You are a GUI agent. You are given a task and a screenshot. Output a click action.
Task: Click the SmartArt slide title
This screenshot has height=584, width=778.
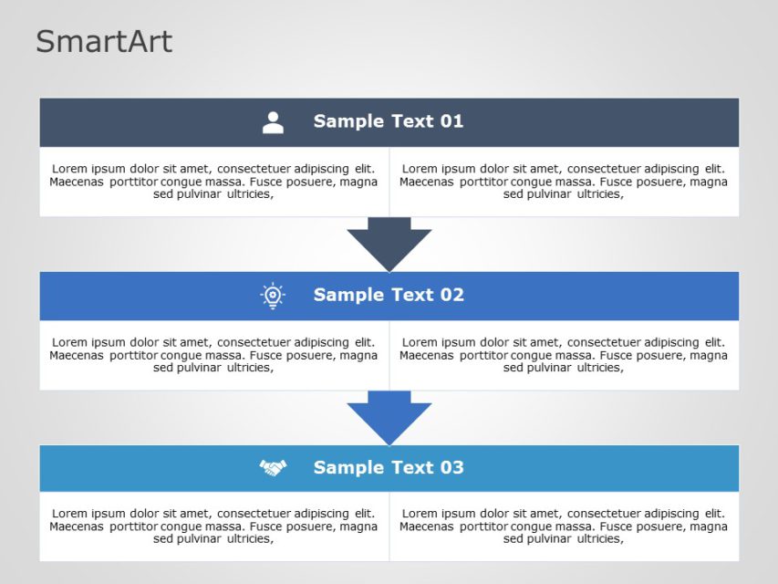[104, 42]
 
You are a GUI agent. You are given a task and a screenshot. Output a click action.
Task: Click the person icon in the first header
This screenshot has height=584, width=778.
[273, 122]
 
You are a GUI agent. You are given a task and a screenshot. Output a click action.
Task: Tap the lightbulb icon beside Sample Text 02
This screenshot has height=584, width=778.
[273, 296]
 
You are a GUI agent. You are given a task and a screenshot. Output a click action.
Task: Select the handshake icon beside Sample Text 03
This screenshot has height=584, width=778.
[273, 468]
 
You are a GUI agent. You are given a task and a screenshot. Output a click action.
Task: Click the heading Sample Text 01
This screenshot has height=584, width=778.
[388, 121]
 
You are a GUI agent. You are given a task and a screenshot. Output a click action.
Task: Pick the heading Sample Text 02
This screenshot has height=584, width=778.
[388, 295]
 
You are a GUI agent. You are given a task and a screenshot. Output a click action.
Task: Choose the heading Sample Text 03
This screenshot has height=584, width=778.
[388, 467]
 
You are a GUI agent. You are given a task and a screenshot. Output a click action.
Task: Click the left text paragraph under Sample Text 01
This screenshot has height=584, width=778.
[213, 181]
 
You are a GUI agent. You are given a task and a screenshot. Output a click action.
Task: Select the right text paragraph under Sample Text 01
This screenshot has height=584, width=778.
[564, 181]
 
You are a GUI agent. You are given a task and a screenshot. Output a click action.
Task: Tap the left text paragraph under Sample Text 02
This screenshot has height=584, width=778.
[213, 355]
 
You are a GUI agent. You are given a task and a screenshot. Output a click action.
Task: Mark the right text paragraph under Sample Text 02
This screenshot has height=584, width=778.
[564, 355]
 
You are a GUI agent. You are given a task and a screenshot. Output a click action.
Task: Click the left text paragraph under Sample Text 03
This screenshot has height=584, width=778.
[213, 526]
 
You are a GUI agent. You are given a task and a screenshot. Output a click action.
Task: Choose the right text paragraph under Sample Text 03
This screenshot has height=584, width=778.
[564, 526]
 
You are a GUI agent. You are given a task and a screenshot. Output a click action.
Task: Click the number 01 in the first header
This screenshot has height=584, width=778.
[451, 121]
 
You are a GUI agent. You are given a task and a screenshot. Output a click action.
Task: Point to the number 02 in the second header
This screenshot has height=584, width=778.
[451, 295]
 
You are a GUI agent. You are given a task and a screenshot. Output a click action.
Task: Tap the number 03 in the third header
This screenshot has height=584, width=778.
[451, 467]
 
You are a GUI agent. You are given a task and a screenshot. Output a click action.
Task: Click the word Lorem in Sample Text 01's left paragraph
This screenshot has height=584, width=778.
[69, 169]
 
